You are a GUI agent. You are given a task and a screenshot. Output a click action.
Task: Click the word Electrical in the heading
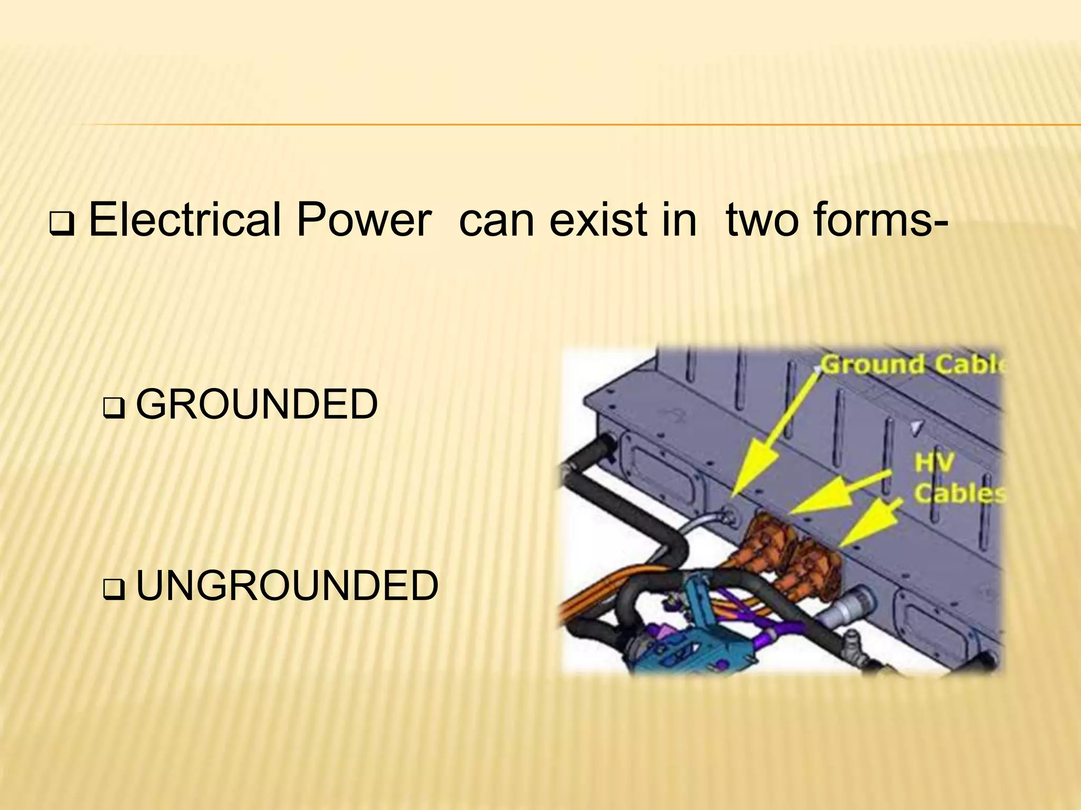point(184,220)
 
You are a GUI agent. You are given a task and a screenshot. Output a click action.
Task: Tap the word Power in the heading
point(364,220)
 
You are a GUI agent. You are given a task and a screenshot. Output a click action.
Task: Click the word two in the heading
point(763,220)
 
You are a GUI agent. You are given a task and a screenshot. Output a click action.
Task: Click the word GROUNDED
point(257,405)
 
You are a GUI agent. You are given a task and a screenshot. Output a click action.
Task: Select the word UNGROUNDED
point(287,586)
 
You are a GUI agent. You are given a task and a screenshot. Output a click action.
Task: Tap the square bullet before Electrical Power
point(62,227)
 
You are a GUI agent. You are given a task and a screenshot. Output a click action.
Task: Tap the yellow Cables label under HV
point(959,494)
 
